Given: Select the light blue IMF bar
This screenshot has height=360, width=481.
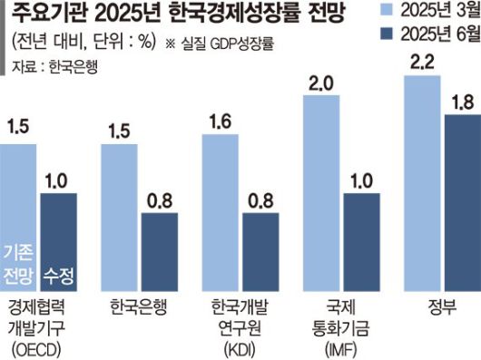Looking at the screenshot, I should pyautogui.click(x=321, y=190).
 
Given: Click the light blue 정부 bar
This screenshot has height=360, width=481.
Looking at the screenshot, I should pyautogui.click(x=423, y=181).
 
